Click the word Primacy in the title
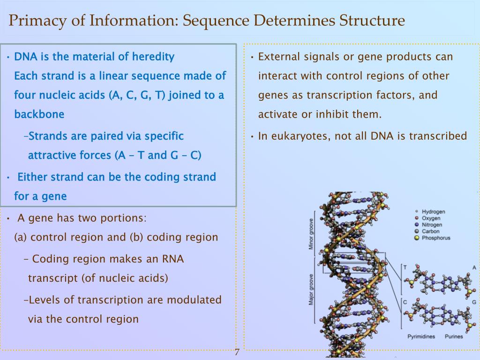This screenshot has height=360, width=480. click(x=34, y=21)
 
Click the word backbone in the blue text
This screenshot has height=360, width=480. click(x=39, y=114)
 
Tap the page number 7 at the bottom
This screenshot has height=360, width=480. click(x=237, y=352)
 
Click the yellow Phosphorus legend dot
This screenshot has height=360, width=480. click(x=417, y=238)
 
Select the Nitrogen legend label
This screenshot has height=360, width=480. click(x=432, y=225)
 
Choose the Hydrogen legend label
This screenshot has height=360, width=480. click(x=433, y=212)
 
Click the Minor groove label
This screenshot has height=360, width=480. click(x=311, y=234)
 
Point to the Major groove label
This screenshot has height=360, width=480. click(x=311, y=288)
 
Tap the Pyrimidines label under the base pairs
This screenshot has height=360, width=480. click(x=421, y=336)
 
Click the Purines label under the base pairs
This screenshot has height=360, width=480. click(x=453, y=336)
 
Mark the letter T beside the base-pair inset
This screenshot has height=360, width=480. click(x=405, y=267)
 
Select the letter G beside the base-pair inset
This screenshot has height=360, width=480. click(x=474, y=302)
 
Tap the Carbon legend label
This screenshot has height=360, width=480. click(x=431, y=231)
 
